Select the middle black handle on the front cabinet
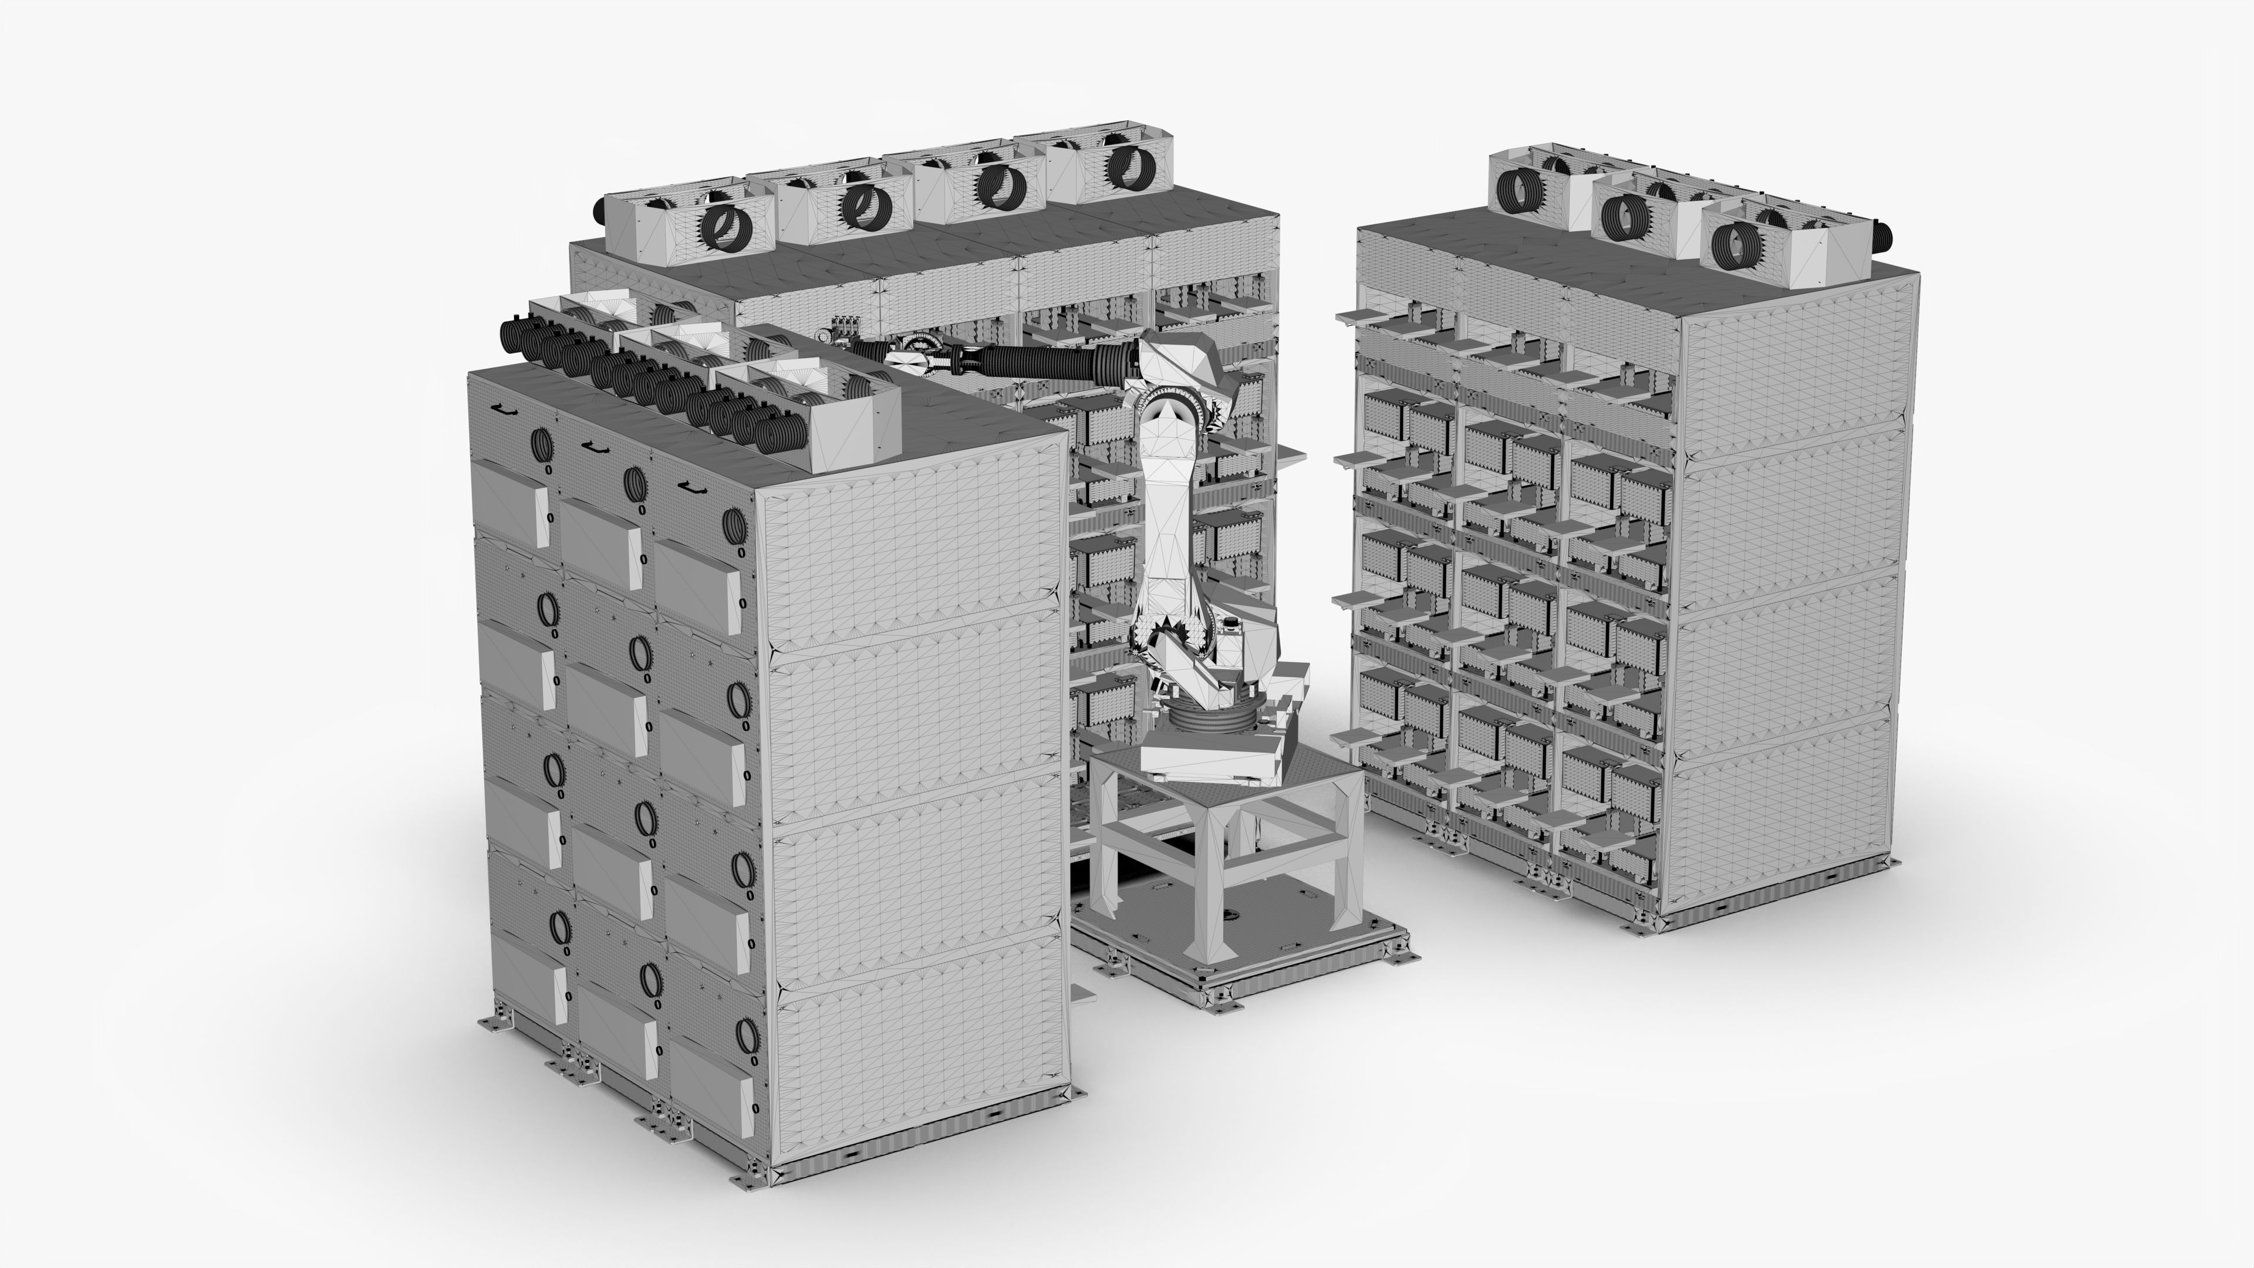(x=595, y=447)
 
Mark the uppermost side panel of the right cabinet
(x=1794, y=376)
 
